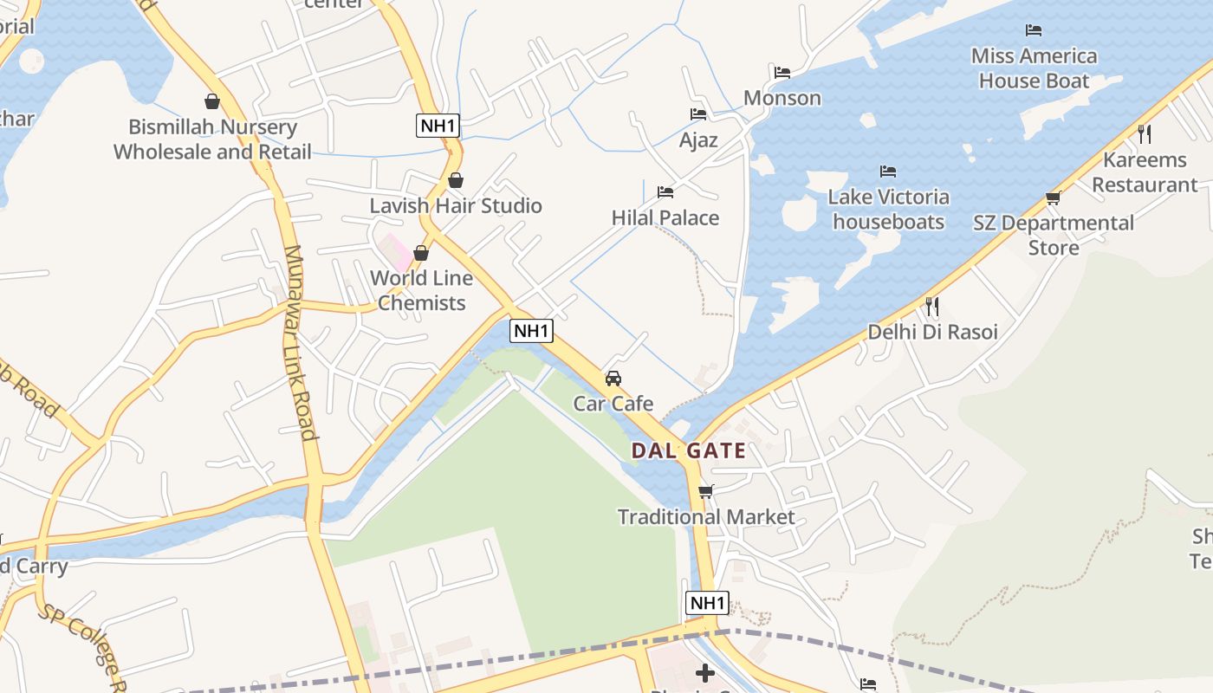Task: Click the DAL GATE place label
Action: [x=688, y=450]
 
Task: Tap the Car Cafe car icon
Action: [x=613, y=379]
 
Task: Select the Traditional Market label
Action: [x=705, y=517]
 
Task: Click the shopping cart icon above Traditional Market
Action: [x=705, y=492]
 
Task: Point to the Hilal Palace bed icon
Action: [x=665, y=191]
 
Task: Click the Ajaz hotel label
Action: [x=698, y=139]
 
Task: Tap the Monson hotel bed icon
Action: [x=782, y=73]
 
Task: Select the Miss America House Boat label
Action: [x=1034, y=68]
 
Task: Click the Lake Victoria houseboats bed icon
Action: [x=888, y=172]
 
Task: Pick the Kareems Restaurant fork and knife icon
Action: [x=1145, y=134]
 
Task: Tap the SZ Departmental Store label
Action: [x=1054, y=235]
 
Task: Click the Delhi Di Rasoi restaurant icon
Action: [x=932, y=307]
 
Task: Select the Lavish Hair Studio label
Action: [x=456, y=205]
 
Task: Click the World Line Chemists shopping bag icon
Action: [x=421, y=253]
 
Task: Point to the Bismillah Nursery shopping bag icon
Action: [x=212, y=101]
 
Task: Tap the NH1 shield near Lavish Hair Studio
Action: [x=438, y=126]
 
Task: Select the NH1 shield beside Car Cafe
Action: [x=531, y=330]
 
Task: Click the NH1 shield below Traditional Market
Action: [x=707, y=603]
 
